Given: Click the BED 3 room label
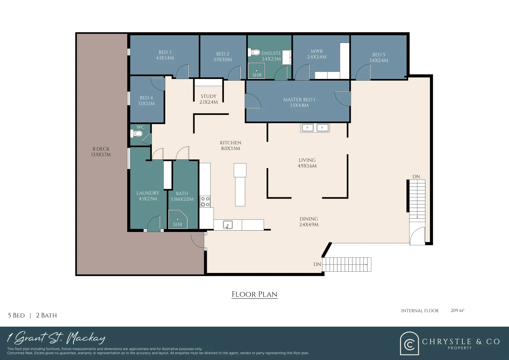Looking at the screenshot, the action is pyautogui.click(x=165, y=52).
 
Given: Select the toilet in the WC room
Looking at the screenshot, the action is pyautogui.click(x=136, y=133).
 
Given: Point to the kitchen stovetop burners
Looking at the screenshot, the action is pyautogui.click(x=205, y=201).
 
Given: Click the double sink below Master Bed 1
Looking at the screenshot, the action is pyautogui.click(x=315, y=128).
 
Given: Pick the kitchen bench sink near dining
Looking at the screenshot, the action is pyautogui.click(x=228, y=225).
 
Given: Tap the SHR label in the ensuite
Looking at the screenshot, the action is pyautogui.click(x=257, y=75).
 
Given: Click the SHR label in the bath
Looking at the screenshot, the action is pyautogui.click(x=178, y=224).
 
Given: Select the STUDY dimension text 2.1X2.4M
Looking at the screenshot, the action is pyautogui.click(x=209, y=102).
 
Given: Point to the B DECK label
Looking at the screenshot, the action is pyautogui.click(x=101, y=149).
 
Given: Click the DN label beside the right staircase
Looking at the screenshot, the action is pyautogui.click(x=416, y=176).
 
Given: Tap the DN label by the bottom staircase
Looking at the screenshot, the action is pyautogui.click(x=317, y=264).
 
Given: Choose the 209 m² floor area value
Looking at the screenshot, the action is pyautogui.click(x=457, y=310).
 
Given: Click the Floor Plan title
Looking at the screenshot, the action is pyautogui.click(x=254, y=294).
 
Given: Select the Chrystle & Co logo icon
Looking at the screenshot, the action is pyautogui.click(x=409, y=343).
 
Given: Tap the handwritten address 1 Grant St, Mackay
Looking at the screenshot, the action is pyautogui.click(x=56, y=338).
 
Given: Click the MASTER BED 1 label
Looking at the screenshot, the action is pyautogui.click(x=299, y=100).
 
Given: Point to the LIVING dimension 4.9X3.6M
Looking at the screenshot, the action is pyautogui.click(x=307, y=166).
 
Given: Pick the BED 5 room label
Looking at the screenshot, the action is pyautogui.click(x=378, y=55).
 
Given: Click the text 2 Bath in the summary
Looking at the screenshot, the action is pyautogui.click(x=46, y=315).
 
